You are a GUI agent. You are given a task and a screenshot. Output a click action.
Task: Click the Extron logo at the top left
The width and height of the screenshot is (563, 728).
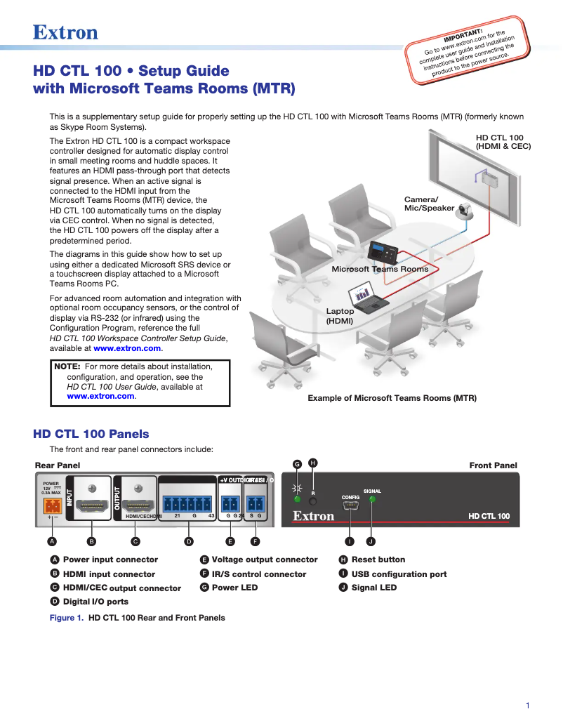[65, 32]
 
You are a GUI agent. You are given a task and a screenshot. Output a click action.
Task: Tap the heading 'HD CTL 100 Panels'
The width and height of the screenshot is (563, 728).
[91, 434]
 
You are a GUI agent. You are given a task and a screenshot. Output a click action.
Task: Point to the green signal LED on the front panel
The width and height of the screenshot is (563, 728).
[372, 500]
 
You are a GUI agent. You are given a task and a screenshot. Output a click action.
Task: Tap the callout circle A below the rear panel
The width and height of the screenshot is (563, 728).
[51, 541]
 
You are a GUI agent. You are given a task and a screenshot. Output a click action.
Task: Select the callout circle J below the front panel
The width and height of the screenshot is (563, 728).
[372, 541]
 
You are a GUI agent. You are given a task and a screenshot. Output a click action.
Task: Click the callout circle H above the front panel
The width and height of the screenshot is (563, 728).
[313, 462]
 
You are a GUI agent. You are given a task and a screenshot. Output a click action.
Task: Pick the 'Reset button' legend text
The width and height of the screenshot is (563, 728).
[378, 560]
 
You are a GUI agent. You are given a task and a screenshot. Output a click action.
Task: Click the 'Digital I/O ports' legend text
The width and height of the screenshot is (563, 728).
[95, 602]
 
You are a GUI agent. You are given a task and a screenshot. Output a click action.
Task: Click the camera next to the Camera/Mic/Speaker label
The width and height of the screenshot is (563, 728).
[465, 211]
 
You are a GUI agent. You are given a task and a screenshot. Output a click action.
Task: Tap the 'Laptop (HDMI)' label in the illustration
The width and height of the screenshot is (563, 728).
[340, 316]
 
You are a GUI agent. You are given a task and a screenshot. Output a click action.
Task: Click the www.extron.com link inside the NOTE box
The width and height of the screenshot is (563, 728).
[100, 396]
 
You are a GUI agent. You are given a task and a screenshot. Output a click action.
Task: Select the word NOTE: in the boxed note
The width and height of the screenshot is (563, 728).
[67, 366]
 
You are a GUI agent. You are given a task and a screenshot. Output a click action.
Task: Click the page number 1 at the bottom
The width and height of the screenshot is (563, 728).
[527, 706]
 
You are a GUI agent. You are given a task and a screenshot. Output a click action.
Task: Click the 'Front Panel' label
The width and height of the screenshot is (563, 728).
[493, 465]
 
